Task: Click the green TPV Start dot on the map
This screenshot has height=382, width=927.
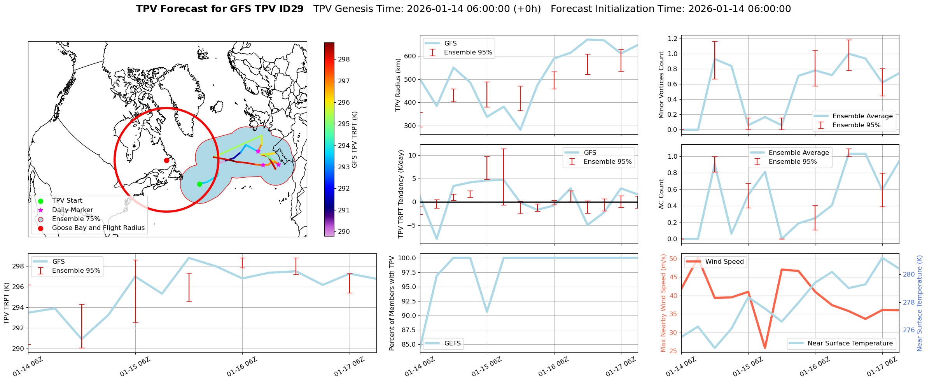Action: click(199, 184)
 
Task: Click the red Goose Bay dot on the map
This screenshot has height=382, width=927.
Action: click(166, 160)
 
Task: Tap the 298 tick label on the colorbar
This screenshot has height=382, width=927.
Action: click(344, 60)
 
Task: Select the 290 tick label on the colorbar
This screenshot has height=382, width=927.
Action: click(344, 232)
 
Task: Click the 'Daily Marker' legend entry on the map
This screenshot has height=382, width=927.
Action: click(72, 210)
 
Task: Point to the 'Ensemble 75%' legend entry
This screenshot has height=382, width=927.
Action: click(76, 219)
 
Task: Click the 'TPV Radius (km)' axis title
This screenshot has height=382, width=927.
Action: click(398, 85)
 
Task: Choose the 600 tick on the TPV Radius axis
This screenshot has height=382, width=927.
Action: click(411, 56)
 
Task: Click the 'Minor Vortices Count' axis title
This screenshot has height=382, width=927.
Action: click(661, 85)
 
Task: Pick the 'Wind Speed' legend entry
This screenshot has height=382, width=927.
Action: click(724, 262)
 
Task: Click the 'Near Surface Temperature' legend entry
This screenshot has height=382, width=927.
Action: click(850, 343)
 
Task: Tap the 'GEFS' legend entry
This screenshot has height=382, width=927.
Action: click(452, 343)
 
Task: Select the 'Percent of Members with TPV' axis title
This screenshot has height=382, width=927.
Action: click(392, 303)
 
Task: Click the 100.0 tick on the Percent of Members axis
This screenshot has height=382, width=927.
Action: click(407, 258)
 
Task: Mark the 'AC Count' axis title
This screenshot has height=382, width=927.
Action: click(661, 194)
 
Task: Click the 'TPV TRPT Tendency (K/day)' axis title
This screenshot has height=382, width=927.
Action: click(401, 194)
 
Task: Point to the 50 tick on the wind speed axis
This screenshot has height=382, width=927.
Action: click(673, 259)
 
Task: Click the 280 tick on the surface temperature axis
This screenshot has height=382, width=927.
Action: click(909, 275)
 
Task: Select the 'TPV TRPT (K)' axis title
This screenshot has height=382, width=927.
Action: click(6, 303)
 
